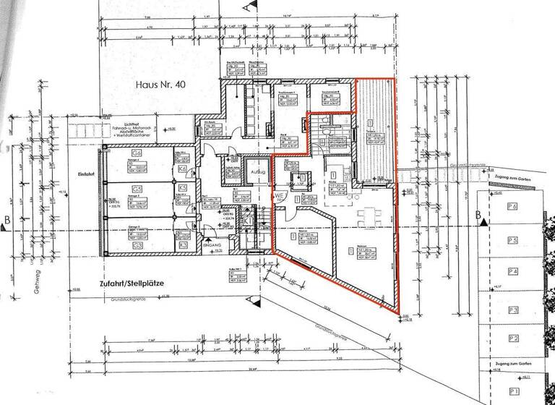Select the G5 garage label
pyautogui.click(x=135, y=189)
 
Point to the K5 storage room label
pyautogui.click(x=183, y=188)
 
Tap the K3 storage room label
pyautogui.click(x=183, y=246)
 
